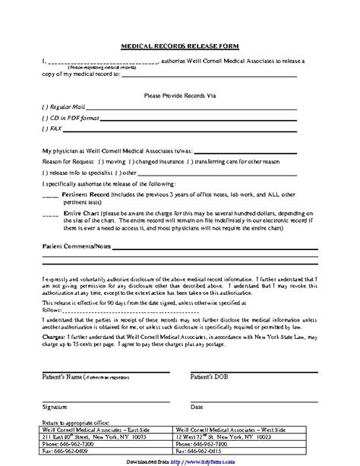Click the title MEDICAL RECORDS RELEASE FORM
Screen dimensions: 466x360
180,46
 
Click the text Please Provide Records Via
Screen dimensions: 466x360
180,96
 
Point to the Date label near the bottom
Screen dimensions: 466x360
196,407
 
